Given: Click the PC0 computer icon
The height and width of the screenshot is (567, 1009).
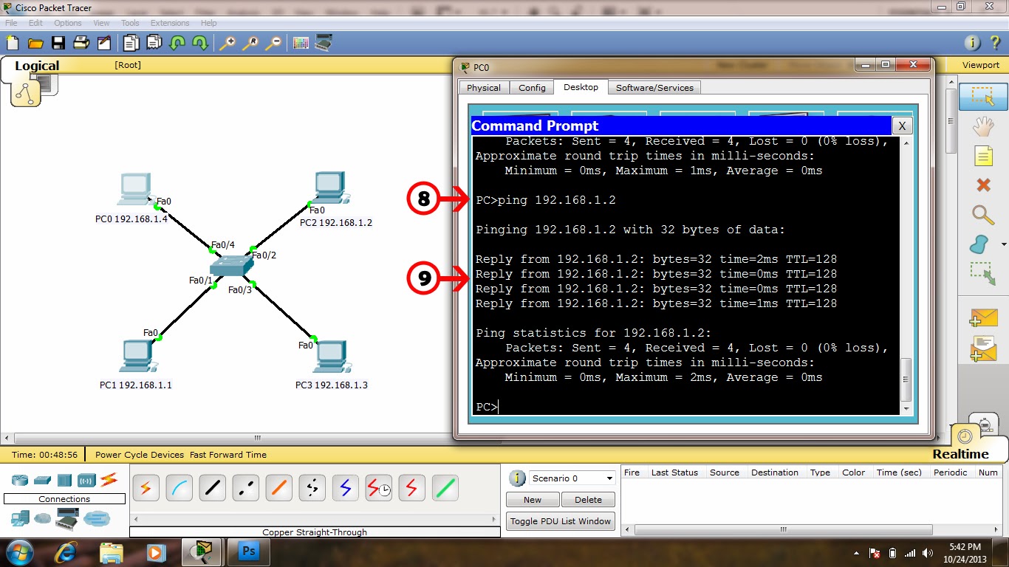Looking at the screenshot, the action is [134, 189].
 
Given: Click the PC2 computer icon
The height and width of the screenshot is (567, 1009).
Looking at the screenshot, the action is [329, 188].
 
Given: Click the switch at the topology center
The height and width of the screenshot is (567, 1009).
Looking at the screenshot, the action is [231, 267].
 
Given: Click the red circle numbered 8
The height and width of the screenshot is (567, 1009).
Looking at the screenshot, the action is [424, 199].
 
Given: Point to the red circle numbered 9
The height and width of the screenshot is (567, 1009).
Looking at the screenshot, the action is [424, 278].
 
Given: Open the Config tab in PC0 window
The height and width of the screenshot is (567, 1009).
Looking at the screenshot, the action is [532, 88].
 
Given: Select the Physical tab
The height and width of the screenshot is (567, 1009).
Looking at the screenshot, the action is [484, 88].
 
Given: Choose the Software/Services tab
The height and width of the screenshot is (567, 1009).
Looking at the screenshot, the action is [654, 88].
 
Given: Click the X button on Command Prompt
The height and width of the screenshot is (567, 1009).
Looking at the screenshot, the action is [902, 126].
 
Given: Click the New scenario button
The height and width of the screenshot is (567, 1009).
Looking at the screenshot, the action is [532, 500].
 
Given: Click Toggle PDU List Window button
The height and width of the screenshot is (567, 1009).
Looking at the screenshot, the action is [561, 521].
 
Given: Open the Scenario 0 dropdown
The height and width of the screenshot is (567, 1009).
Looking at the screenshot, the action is [572, 478].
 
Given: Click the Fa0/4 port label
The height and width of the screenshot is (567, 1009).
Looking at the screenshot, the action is [222, 245].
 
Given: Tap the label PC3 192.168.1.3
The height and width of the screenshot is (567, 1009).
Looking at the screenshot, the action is [331, 385].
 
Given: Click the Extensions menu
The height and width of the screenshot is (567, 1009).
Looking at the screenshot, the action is [170, 23].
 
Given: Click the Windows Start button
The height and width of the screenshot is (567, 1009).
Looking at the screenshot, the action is [18, 551].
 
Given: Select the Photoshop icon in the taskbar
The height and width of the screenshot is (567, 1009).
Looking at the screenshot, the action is [249, 551].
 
